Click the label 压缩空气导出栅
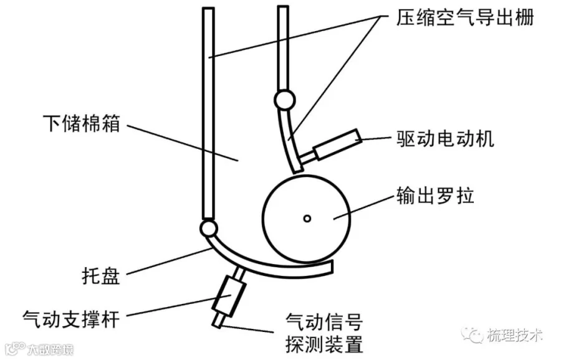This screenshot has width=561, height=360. point(465,17)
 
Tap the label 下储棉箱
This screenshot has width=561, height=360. point(82,123)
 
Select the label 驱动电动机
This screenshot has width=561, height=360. point(446,138)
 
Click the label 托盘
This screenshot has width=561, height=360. point(101,276)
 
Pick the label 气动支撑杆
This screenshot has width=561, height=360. point(71,318)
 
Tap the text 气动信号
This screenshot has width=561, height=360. point(325,321)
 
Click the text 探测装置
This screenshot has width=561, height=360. point(325,344)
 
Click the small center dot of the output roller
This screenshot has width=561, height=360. point(307,219)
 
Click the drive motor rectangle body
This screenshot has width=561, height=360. point(337,144)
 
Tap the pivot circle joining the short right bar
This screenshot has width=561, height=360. point(285,100)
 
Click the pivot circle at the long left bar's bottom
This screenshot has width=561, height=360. point(208,228)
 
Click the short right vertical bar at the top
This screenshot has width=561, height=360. point(283,48)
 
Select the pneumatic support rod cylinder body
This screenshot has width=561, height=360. point(229,296)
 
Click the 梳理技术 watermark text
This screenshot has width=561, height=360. point(514,335)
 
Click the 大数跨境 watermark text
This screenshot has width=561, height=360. point(50,349)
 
